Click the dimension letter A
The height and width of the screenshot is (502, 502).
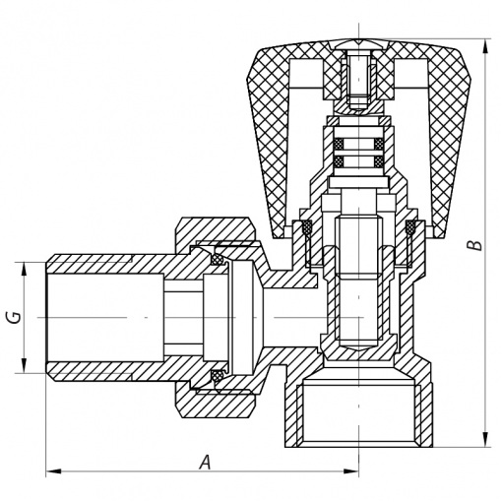(206, 462)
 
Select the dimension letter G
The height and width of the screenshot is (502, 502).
(16, 317)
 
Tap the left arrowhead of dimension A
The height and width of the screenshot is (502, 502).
(53, 471)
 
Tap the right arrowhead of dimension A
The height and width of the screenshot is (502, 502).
(351, 471)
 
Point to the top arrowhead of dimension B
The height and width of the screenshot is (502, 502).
(485, 46)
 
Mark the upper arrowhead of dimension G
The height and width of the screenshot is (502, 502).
(24, 270)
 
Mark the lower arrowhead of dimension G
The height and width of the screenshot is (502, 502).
(24, 365)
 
